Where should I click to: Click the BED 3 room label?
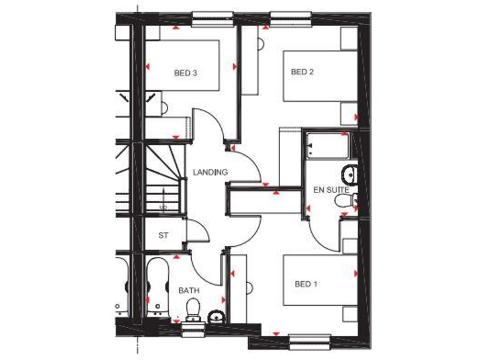tap(185, 73)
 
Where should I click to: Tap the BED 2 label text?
tap(302, 72)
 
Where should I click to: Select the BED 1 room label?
tap(306, 284)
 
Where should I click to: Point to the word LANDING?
tap(210, 172)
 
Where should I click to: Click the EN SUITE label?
tap(331, 188)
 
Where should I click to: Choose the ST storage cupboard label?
tap(164, 236)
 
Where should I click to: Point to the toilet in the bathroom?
tap(192, 308)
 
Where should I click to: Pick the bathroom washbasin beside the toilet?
tap(216, 315)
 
